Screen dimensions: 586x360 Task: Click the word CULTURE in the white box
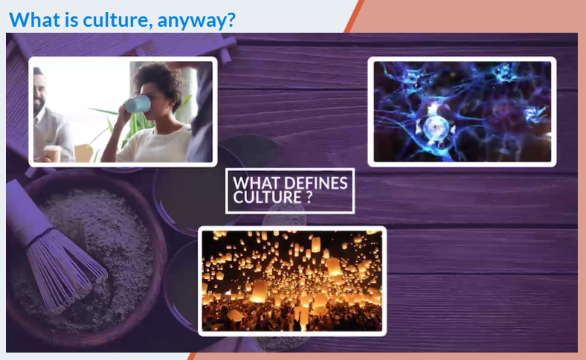[267, 197]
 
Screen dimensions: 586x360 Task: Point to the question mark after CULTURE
[309, 197]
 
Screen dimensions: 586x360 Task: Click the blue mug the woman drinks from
[138, 104]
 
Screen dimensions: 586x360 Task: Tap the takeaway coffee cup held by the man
[52, 154]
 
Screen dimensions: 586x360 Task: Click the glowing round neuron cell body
[435, 127]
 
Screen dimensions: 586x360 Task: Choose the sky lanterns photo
[292, 280]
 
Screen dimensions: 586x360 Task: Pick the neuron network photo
[462, 112]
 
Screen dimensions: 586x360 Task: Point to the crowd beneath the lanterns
[292, 316]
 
